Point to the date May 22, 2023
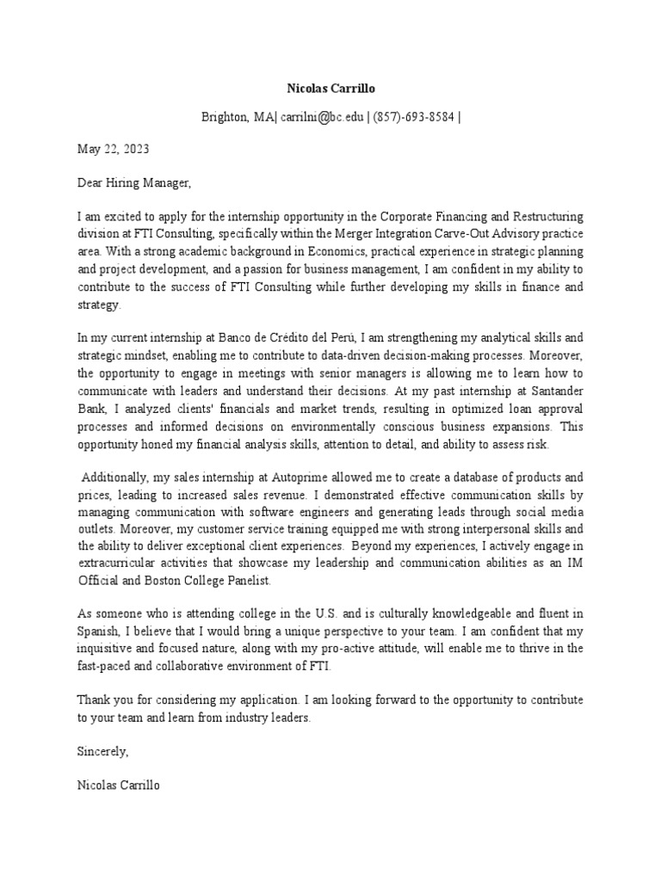[x=113, y=149]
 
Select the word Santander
[x=551, y=391]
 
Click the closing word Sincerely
[x=102, y=751]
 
